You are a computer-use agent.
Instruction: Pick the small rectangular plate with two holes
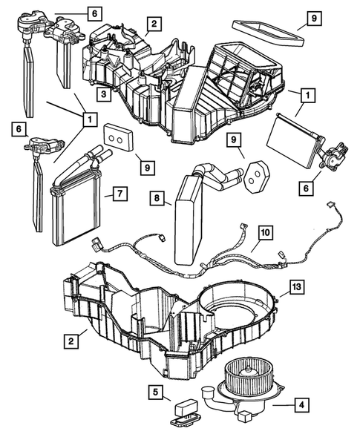click(x=116, y=138)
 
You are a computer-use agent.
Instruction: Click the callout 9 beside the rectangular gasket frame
click(x=312, y=18)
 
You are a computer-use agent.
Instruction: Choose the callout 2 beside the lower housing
click(x=70, y=341)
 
